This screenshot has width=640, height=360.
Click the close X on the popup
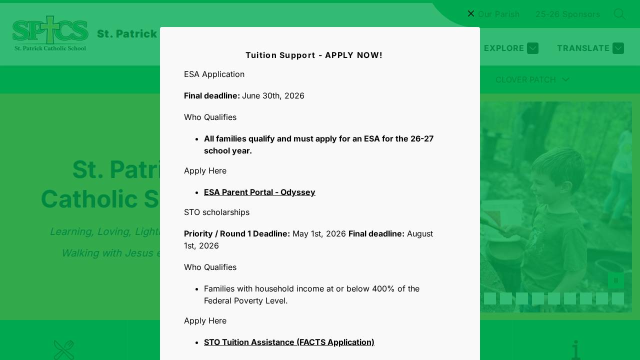point(471,13)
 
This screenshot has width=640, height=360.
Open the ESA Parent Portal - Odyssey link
point(259,192)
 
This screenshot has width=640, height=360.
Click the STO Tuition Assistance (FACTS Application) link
point(289,342)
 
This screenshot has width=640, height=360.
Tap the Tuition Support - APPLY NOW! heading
point(314,55)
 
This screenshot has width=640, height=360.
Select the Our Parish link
point(498,14)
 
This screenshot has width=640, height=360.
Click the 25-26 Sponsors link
point(567,14)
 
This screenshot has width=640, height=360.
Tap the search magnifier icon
point(619,14)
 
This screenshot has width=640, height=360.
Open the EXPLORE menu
point(510,48)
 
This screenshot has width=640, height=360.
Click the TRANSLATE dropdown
point(590,48)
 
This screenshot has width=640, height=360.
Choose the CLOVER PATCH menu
point(532,79)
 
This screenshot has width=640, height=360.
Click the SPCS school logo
point(50,33)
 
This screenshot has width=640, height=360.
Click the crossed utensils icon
point(64,349)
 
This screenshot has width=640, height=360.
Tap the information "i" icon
point(576,349)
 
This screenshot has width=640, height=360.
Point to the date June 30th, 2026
point(273,95)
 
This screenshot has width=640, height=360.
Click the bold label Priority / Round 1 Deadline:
point(237,233)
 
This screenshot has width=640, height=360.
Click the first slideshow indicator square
point(490,298)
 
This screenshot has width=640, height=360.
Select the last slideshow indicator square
point(618,298)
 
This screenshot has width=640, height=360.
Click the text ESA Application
point(214,74)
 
